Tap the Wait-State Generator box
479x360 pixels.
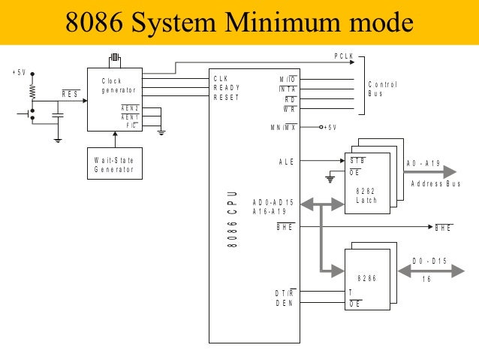114,165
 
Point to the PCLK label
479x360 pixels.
344,57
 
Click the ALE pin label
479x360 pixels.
286,161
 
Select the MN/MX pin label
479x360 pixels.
283,127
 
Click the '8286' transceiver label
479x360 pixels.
366,278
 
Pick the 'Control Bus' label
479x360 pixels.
382,89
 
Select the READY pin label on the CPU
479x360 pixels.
227,87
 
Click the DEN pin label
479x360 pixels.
284,304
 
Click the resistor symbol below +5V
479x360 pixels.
32,92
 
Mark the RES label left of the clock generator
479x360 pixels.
71,94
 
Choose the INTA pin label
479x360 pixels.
287,89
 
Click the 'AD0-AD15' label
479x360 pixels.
273,202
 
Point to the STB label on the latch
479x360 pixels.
357,160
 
